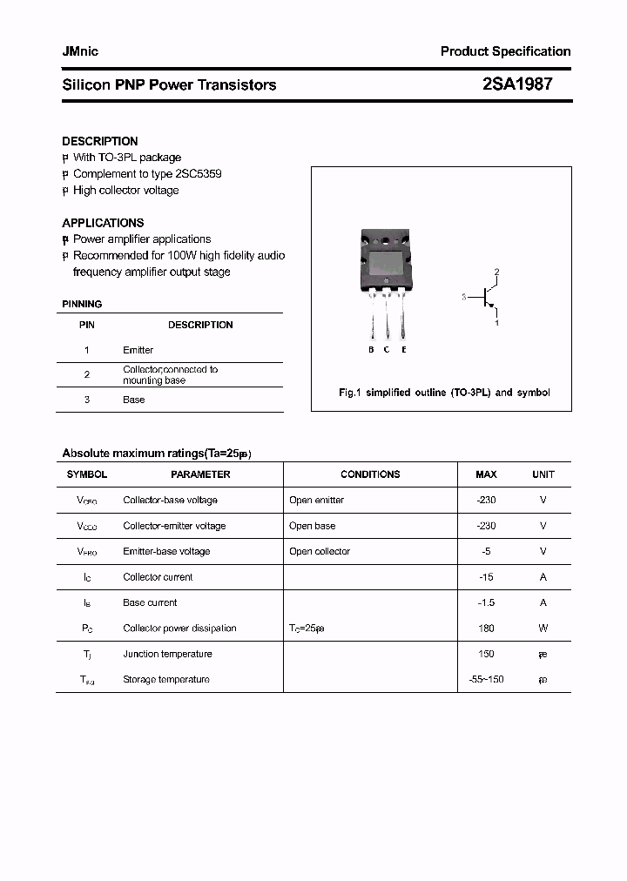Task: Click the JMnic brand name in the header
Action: point(80,51)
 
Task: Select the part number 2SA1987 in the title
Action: point(516,84)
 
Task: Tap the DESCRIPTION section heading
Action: point(99,141)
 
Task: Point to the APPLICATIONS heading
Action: point(103,223)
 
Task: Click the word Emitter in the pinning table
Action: point(138,350)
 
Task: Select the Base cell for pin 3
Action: point(133,400)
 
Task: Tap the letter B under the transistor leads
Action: point(371,350)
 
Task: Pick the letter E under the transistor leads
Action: point(403,350)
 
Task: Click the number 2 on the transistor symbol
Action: point(496,272)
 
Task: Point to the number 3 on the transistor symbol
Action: point(464,298)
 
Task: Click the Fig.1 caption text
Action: point(443,393)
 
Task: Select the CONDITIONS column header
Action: point(370,474)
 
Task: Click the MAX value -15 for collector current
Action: point(486,577)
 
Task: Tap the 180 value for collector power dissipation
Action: point(486,629)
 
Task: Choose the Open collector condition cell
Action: point(320,551)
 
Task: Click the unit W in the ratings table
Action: point(543,629)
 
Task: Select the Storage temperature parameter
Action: point(166,679)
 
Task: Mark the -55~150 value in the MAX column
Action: point(486,679)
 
